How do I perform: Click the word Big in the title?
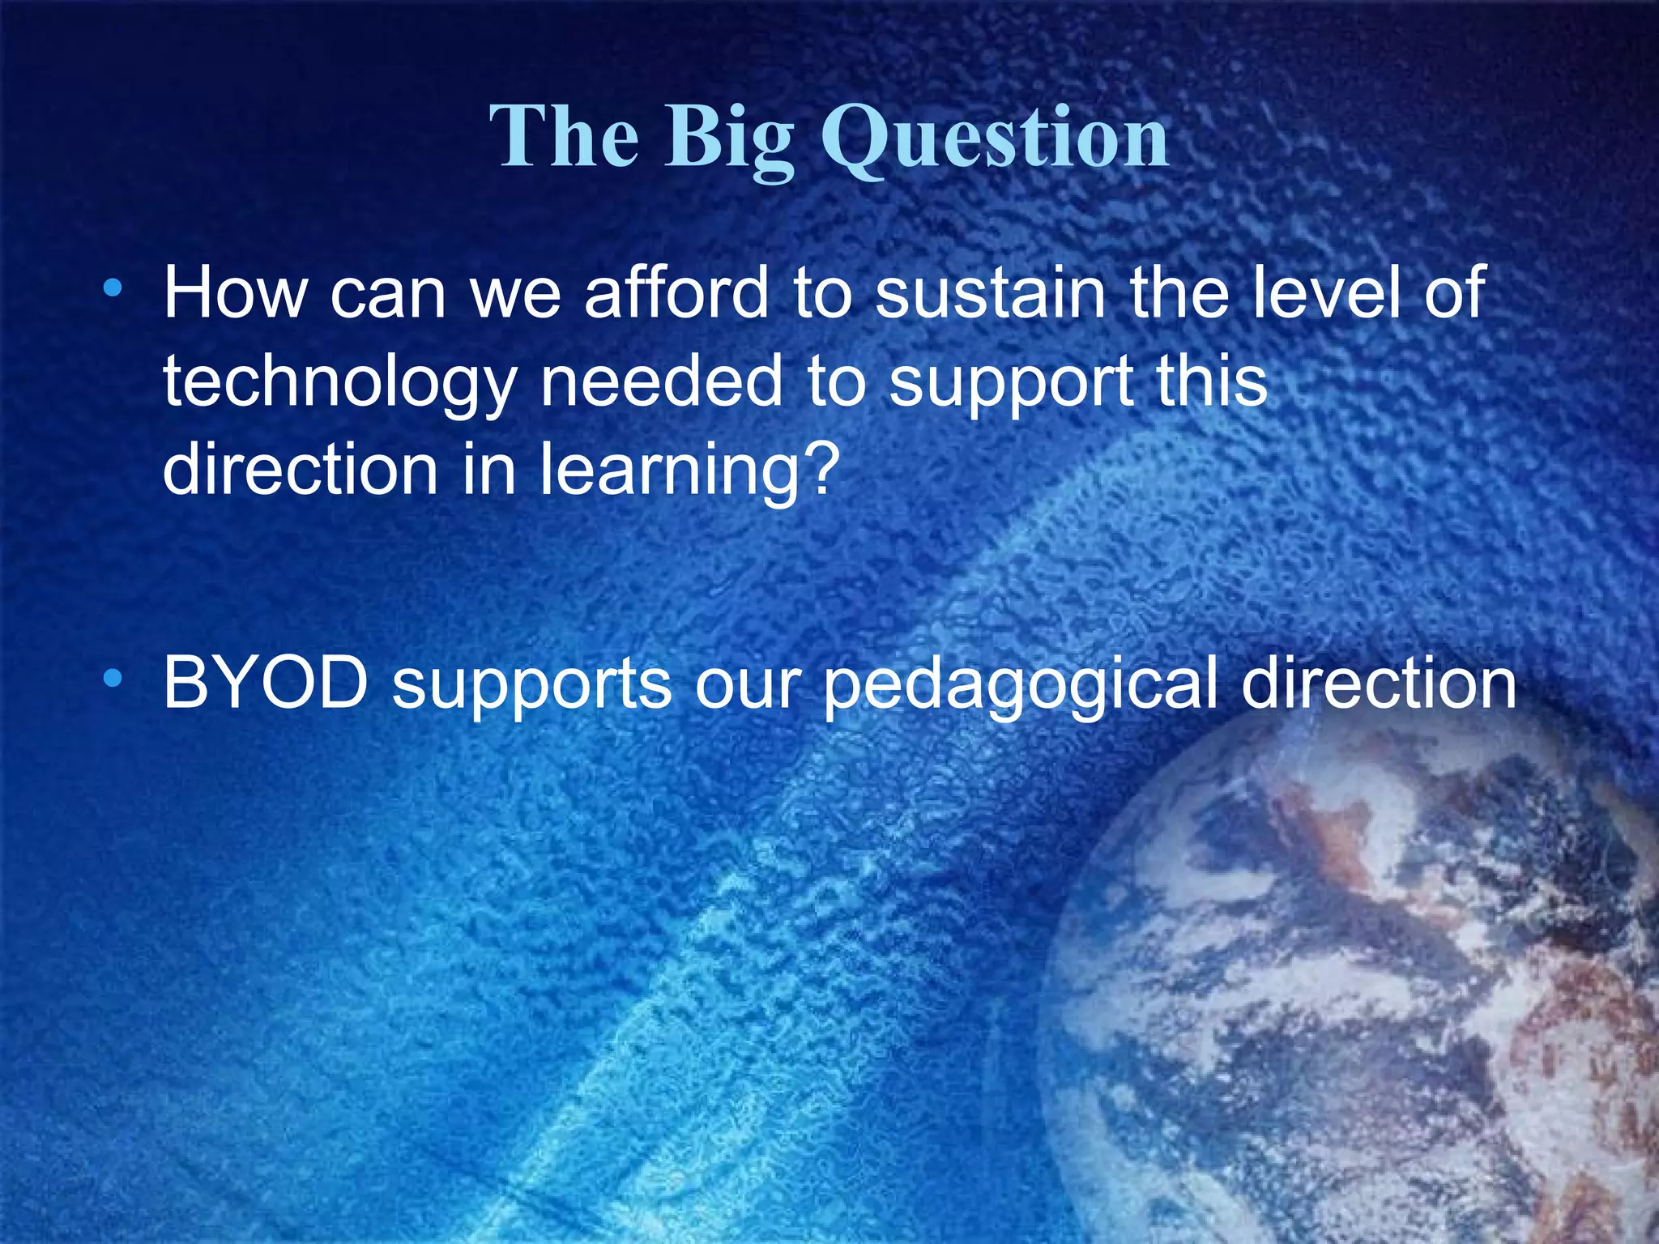click(x=728, y=138)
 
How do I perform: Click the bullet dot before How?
click(x=113, y=287)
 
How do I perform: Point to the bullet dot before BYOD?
click(x=113, y=677)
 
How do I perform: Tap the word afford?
click(x=676, y=293)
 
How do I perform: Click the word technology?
click(x=339, y=382)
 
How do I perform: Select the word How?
click(x=235, y=293)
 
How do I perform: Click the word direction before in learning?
click(x=301, y=470)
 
